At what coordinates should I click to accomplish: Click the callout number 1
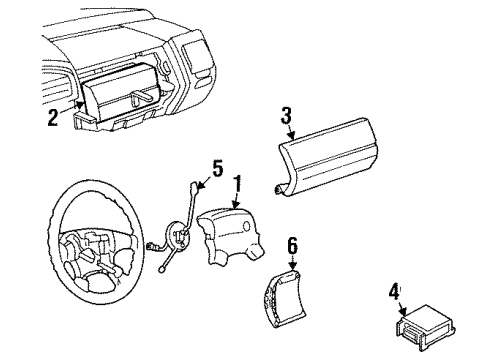pyautogui.click(x=237, y=183)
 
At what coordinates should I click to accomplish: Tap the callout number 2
pyautogui.click(x=53, y=117)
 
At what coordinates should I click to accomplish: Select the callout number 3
pyautogui.click(x=286, y=115)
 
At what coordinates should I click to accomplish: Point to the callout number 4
pyautogui.click(x=394, y=291)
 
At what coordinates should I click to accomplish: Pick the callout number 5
pyautogui.click(x=217, y=168)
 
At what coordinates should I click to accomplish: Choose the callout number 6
pyautogui.click(x=292, y=246)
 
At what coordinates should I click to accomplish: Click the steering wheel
pyautogui.click(x=95, y=242)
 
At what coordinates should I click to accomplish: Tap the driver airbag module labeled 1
pyautogui.click(x=230, y=238)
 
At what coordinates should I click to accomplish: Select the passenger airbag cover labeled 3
pyautogui.click(x=326, y=156)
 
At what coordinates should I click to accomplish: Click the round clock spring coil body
pyautogui.click(x=178, y=236)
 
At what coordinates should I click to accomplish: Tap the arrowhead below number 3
pyautogui.click(x=292, y=136)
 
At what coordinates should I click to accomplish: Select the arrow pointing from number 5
pyautogui.click(x=204, y=183)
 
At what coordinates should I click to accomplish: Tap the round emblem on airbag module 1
pyautogui.click(x=247, y=226)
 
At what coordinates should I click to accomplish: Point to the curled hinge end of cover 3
pyautogui.click(x=279, y=190)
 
